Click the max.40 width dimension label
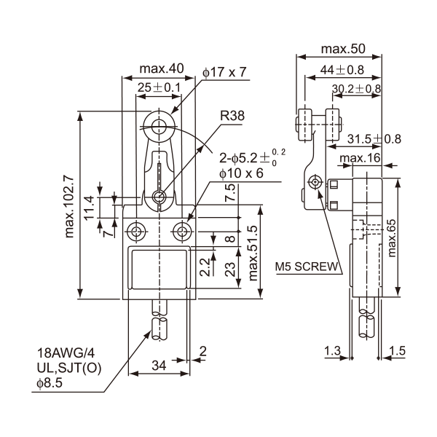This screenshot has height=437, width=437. tap(161, 69)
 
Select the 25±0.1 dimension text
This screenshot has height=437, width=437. tap(160, 88)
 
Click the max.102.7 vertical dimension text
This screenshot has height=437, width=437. tap(70, 206)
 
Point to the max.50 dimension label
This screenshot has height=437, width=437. tap(342, 50)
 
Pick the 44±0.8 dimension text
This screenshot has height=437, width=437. tap(342, 70)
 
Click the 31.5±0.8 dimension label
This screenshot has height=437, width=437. tap(374, 138)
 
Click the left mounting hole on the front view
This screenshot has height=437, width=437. tap(136, 232)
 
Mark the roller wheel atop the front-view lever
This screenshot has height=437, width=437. tap(159, 125)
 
